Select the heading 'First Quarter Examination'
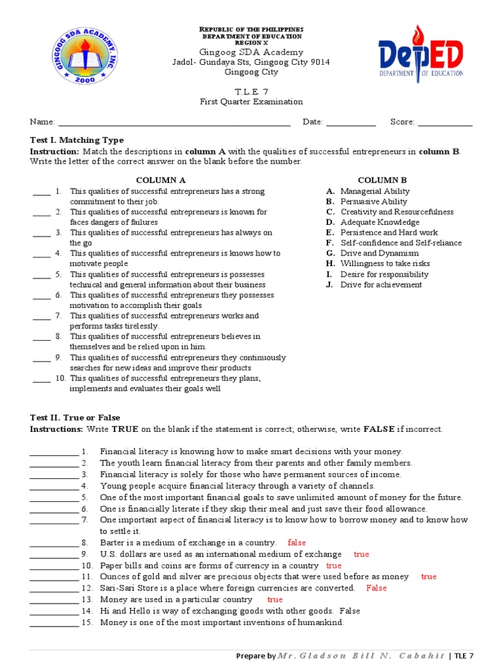251,102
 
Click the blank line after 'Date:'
350,123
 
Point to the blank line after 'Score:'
445,123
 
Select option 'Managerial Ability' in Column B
375,191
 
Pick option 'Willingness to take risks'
385,263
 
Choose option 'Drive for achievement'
381,284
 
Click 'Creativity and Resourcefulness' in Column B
397,212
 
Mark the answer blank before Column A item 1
41,192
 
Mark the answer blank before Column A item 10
41,379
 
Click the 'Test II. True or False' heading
75,417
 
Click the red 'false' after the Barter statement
297,543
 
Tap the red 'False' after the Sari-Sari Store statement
377,588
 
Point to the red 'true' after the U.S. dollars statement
362,554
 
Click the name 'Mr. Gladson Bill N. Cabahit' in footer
362,656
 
